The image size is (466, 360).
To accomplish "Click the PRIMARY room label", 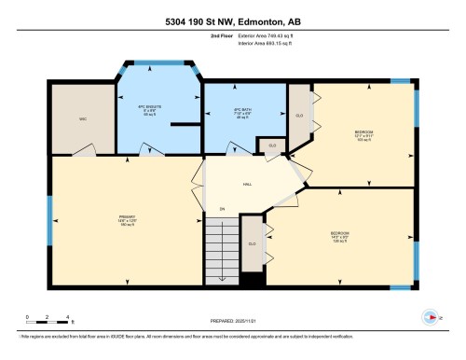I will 127,220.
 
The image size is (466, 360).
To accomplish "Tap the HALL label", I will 248,185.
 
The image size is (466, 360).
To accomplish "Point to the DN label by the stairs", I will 222,208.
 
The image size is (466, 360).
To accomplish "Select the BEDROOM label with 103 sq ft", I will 363,135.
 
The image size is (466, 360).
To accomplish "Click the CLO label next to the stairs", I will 252,243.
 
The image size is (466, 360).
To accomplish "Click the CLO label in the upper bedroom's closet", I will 299,116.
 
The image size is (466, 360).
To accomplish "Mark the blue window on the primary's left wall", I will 50,218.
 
